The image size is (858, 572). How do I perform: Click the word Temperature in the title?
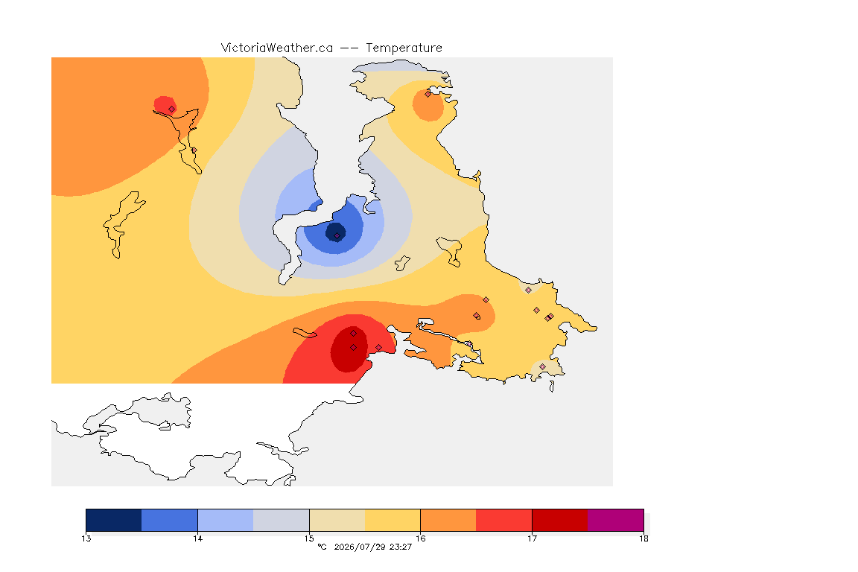[404, 48]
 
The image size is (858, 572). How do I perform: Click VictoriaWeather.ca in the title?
[277, 48]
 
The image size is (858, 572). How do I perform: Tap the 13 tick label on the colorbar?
[86, 538]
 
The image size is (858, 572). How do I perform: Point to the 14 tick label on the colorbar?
[197, 538]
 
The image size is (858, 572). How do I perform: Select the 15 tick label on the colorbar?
[309, 538]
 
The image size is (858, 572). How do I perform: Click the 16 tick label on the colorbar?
[420, 538]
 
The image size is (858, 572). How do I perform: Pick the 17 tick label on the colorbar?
[532, 538]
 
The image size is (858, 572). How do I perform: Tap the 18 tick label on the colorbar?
[643, 538]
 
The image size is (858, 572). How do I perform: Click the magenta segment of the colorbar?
[616, 520]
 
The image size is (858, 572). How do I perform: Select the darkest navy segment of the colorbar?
[114, 520]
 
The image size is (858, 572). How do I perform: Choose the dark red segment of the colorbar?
[560, 520]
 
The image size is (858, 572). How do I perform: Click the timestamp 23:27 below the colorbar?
[401, 547]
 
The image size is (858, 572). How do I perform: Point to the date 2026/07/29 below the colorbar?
[360, 547]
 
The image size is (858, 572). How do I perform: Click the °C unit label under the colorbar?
[322, 547]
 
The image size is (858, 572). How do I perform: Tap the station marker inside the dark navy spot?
[337, 236]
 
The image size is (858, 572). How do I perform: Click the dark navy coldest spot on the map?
[335, 232]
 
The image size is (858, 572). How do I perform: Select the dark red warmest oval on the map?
[349, 350]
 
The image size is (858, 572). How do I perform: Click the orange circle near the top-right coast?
[428, 105]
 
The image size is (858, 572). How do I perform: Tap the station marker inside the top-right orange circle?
[428, 94]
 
